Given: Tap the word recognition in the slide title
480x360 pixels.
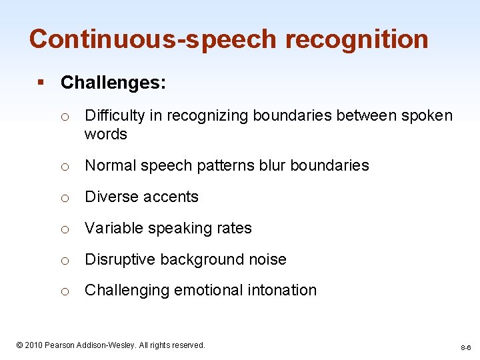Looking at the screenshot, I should click(x=357, y=39).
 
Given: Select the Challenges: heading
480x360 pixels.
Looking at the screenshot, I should click(x=113, y=83).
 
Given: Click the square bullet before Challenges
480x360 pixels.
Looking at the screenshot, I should click(x=41, y=83).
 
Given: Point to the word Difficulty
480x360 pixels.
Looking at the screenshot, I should click(x=115, y=116).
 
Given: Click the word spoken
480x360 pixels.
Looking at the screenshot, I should click(x=428, y=116).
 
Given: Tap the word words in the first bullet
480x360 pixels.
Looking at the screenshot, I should click(x=105, y=134).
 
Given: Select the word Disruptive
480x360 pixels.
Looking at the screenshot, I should click(x=119, y=259).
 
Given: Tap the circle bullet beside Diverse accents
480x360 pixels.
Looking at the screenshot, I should click(x=65, y=197).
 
